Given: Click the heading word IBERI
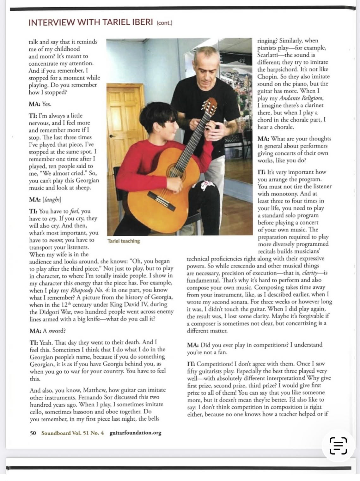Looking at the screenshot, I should [x=137, y=22].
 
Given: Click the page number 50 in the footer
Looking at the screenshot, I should [x=33, y=433].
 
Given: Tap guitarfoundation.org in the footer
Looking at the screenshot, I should [x=135, y=433].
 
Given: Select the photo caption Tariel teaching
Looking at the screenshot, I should [x=124, y=241].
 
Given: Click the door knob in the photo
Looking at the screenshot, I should [x=111, y=136].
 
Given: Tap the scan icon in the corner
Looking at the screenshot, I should [x=338, y=446].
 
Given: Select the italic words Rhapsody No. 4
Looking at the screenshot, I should [x=90, y=290].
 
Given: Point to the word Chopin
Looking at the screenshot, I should [x=267, y=77].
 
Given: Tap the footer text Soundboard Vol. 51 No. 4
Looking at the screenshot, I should [x=72, y=433].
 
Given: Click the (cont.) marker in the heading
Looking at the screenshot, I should [x=164, y=23].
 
